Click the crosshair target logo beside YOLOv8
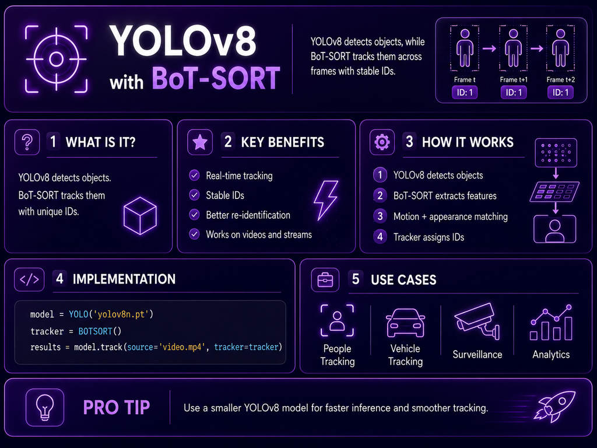[57, 59]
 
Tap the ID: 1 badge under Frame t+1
[514, 92]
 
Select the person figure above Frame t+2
[560, 48]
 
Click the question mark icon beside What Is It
[27, 142]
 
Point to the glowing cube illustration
[140, 216]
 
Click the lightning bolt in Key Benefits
[326, 200]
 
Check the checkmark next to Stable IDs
[195, 195]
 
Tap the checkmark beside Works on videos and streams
[195, 234]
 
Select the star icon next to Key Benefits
[200, 142]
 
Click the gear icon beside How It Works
[382, 142]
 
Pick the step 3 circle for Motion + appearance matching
[380, 216]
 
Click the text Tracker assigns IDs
[429, 237]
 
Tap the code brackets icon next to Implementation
[29, 279]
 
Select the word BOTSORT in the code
[95, 331]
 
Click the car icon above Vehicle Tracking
[406, 323]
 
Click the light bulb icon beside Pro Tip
[45, 407]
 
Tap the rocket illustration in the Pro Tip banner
[556, 407]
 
